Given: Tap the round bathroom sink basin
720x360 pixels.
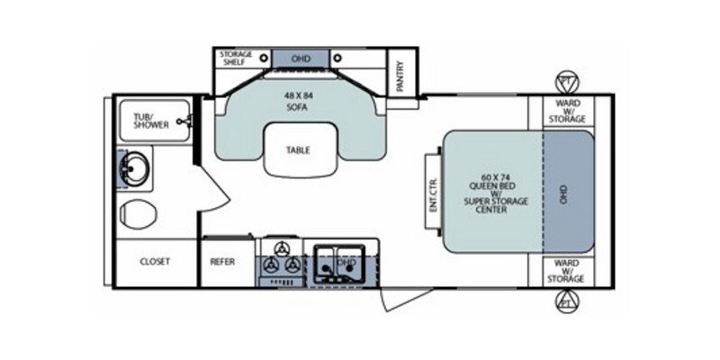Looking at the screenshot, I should point(135,167).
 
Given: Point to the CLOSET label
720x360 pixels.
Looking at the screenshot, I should point(155,262).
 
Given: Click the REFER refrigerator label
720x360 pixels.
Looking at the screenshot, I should point(222,262).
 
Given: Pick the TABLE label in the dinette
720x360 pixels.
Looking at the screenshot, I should point(298,149).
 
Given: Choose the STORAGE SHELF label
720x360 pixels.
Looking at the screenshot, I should point(236,58).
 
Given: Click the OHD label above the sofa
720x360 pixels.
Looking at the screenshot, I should point(301,59).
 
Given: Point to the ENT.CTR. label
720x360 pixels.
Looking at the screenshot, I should point(433,191).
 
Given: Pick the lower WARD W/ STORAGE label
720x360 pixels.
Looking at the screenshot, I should point(568,272).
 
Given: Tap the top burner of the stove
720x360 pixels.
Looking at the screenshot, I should point(282,248).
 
